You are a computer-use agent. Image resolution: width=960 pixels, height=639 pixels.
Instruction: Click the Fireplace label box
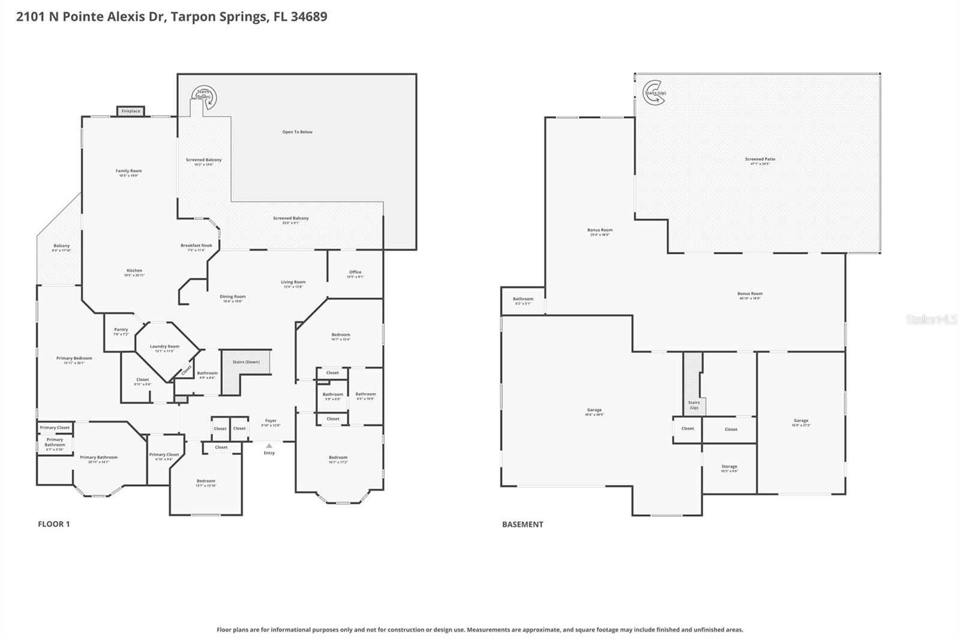(x=130, y=111)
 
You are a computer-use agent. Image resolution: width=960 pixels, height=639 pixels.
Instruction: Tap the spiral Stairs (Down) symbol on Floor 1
(x=205, y=96)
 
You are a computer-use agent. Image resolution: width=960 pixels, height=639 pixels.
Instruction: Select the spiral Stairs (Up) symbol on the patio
(x=653, y=93)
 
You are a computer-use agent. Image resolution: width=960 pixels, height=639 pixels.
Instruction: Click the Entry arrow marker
(x=269, y=446)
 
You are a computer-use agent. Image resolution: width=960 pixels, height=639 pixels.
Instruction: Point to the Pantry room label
(x=121, y=331)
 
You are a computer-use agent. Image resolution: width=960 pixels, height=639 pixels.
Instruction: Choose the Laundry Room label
(x=164, y=348)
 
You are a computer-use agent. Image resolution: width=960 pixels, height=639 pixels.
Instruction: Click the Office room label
(x=355, y=274)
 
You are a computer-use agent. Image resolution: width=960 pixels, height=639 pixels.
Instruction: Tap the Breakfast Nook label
(x=197, y=247)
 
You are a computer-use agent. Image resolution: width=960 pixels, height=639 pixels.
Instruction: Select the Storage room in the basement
(x=730, y=468)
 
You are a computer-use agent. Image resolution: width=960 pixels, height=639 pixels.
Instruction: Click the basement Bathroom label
(x=523, y=300)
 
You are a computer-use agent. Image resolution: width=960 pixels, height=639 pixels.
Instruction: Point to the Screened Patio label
(x=760, y=161)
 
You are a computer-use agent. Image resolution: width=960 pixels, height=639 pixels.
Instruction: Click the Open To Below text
(x=298, y=132)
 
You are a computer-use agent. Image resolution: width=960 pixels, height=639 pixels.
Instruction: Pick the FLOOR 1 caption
(x=54, y=524)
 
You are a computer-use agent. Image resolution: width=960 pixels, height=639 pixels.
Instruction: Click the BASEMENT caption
(x=523, y=524)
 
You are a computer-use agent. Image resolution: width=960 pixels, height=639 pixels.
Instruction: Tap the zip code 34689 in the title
(x=309, y=17)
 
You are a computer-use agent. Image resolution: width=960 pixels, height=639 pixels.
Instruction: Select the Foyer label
(x=271, y=423)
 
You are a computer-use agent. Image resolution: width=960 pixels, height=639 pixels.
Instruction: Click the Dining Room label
(x=232, y=298)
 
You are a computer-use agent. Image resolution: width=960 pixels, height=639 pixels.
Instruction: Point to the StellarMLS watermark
(x=931, y=319)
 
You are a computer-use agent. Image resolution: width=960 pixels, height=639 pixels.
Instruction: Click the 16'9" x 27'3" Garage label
(x=801, y=423)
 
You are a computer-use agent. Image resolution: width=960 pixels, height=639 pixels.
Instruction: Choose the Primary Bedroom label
(x=74, y=360)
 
